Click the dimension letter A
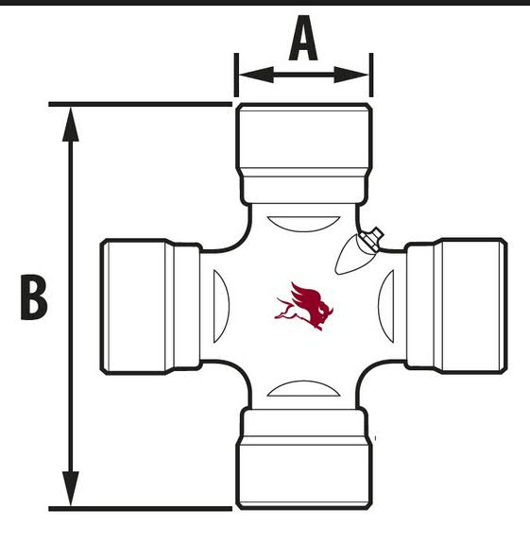pos(303,38)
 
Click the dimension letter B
pos(34,296)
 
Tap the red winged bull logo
pos(304,306)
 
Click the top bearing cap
pos(304,154)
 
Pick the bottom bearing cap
pos(304,459)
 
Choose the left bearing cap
pos(150,306)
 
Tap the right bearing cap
pos(456,306)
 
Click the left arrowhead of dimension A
pos(256,75)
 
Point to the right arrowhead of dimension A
pos(351,75)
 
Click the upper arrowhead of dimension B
pos(71,125)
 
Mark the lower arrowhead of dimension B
pos(71,488)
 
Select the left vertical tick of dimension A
pos(236,75)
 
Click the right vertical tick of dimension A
pos(371,75)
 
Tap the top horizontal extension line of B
pos(140,104)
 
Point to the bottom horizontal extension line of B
pos(140,508)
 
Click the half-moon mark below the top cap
pos(303,224)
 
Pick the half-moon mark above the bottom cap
pos(303,388)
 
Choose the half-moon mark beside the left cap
pos(221,306)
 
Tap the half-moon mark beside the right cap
pos(385,306)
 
